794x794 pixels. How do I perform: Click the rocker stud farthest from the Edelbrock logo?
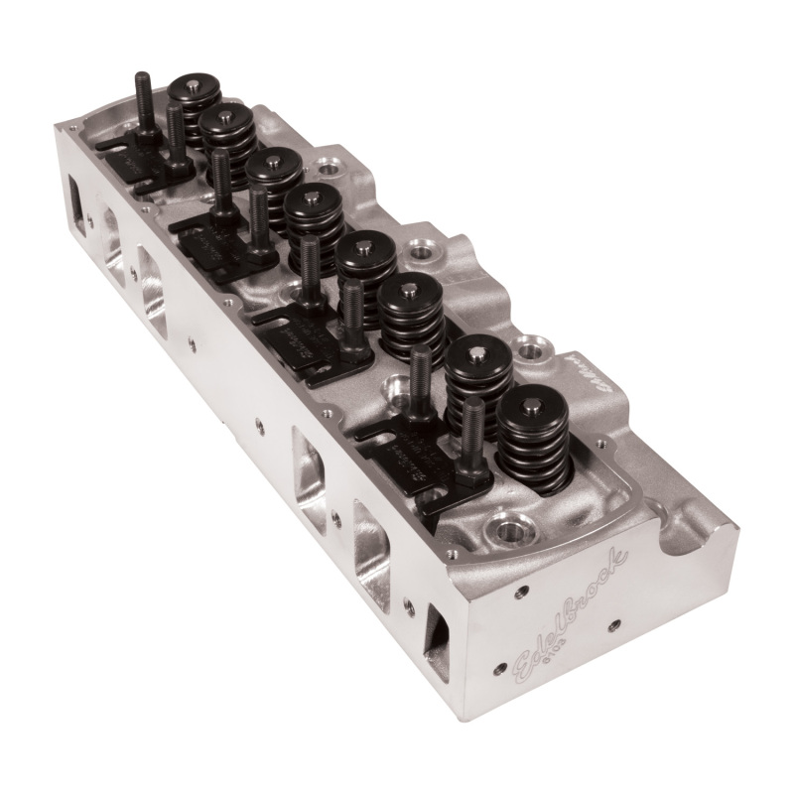click(142, 99)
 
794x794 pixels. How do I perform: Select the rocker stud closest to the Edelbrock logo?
click(473, 437)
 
